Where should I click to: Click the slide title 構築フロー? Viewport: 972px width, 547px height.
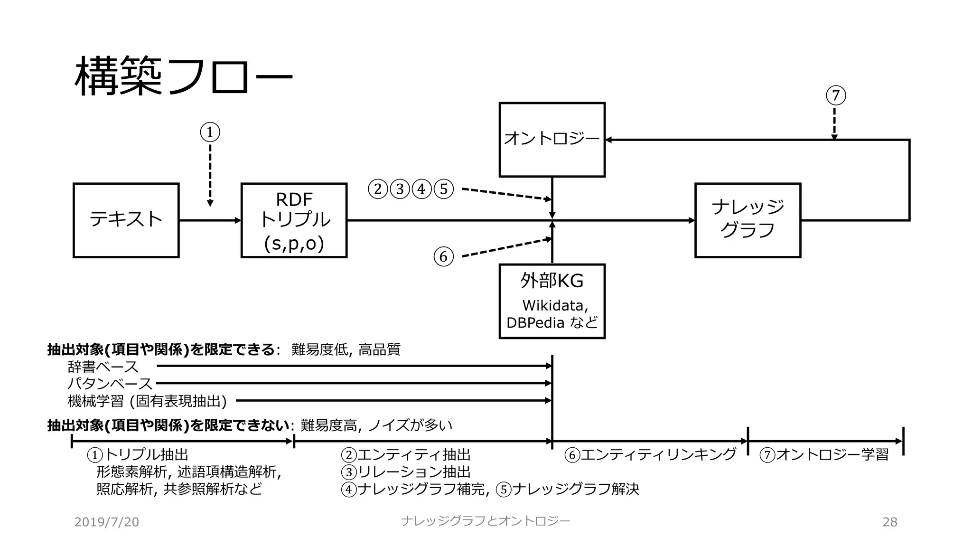[x=183, y=76]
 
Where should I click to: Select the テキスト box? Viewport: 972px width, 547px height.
[x=126, y=220]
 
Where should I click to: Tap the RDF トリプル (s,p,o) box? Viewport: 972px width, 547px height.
[x=294, y=220]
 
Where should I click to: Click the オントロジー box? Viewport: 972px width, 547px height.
[x=552, y=139]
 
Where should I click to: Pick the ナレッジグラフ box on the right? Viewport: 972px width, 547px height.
[x=748, y=220]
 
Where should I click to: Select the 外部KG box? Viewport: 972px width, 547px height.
[x=552, y=301]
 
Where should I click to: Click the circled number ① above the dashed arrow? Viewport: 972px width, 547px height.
[x=210, y=132]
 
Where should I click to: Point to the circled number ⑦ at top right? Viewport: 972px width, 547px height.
[x=836, y=95]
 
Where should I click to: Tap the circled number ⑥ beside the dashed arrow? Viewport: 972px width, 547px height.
[x=443, y=256]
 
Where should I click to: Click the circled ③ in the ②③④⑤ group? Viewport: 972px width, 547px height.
[x=400, y=189]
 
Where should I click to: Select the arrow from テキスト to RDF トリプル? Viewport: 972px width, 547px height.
[x=210, y=220]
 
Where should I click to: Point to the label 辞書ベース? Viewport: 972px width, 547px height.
[x=103, y=367]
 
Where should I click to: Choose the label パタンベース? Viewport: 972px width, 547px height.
[x=110, y=383]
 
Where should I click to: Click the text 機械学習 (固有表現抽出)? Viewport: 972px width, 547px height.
[x=147, y=401]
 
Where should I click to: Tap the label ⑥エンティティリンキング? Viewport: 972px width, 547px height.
[x=650, y=455]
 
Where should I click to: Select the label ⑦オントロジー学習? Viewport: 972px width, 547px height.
[x=824, y=455]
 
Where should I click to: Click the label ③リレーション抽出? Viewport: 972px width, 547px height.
[x=406, y=472]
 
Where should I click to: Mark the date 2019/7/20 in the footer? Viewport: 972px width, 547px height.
[x=106, y=522]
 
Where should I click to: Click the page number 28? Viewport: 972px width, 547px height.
[x=889, y=522]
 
